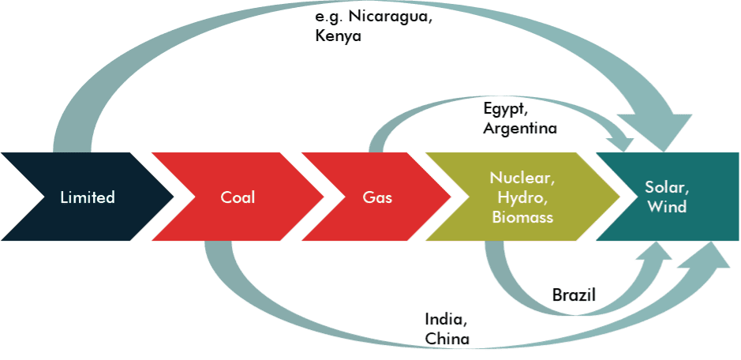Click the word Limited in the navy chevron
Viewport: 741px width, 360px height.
point(88,197)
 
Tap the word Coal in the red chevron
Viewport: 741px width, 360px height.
point(238,197)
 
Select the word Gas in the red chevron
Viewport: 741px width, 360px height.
point(377,197)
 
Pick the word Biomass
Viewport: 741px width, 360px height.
point(522,216)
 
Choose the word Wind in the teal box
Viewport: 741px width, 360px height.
point(667,208)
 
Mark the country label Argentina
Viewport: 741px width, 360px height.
point(520,127)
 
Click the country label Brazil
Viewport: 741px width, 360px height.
point(574,295)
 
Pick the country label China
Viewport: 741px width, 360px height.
point(447,339)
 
